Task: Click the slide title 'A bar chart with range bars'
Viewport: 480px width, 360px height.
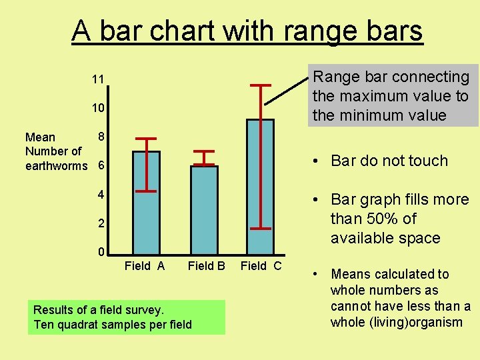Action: [247, 31]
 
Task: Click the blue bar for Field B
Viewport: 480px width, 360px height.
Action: [203, 210]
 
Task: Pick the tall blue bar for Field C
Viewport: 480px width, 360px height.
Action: [260, 187]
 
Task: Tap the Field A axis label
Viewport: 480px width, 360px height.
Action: [145, 266]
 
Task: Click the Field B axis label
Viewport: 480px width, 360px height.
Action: [206, 266]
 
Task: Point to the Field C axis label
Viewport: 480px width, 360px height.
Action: [261, 266]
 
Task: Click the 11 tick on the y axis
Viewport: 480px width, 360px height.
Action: [98, 79]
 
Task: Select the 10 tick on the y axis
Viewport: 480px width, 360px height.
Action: [98, 108]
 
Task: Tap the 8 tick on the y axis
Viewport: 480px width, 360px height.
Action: [101, 136]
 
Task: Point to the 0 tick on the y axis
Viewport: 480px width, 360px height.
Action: [101, 253]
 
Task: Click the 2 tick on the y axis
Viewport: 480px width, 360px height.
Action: [101, 223]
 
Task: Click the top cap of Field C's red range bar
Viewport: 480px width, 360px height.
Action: [260, 85]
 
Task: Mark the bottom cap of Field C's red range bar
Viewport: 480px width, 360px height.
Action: [260, 228]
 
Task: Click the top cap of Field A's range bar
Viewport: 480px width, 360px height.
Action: [146, 139]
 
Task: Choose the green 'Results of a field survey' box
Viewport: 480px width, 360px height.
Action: [127, 317]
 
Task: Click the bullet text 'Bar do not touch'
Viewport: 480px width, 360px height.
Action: [389, 161]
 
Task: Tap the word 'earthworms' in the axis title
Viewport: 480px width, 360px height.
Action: [56, 165]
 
